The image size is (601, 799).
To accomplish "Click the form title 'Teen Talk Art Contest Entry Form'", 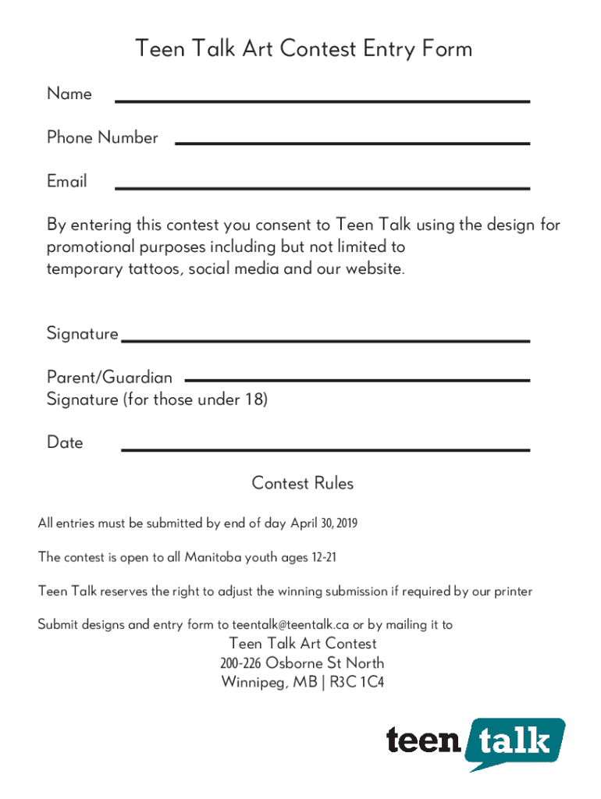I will point(303,49).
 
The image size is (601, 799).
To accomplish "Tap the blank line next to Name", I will point(322,101).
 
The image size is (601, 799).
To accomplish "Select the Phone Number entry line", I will point(352,143).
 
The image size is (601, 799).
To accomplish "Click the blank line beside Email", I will point(322,188).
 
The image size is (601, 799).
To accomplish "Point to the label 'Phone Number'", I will point(102,138).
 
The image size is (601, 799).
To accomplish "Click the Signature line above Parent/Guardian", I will point(325,341).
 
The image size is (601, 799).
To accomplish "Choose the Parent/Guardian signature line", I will point(357,380).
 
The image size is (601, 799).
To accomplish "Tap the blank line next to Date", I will point(325,449).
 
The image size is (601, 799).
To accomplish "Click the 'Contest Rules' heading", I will point(302,484).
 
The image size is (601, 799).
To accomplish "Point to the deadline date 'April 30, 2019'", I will point(324,524).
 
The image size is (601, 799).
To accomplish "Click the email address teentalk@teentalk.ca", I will point(290,625).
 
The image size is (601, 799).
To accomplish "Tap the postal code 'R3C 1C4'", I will point(357,684).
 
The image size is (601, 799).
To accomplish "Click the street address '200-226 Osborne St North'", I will point(302,664).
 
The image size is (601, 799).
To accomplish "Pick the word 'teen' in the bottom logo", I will point(424,740).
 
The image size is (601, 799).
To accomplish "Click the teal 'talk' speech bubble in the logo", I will point(515,741).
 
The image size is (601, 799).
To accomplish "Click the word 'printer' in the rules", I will point(512,591).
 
